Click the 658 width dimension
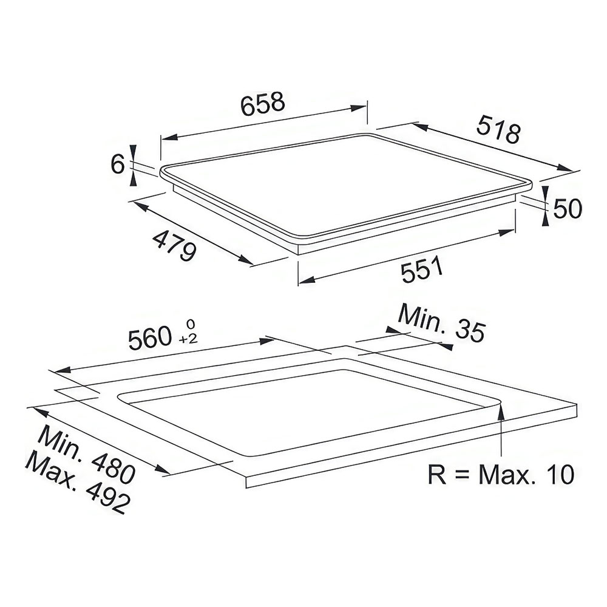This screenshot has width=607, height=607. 262,103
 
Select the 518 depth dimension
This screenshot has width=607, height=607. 498,129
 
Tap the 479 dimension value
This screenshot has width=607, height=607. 175,245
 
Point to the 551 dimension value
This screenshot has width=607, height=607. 422,269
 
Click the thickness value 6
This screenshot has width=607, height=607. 117,164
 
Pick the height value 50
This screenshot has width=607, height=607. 568,209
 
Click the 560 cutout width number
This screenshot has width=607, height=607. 150,337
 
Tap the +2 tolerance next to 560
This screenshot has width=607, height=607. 189,339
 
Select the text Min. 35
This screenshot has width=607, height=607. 441,323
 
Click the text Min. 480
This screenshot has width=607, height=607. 87,453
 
